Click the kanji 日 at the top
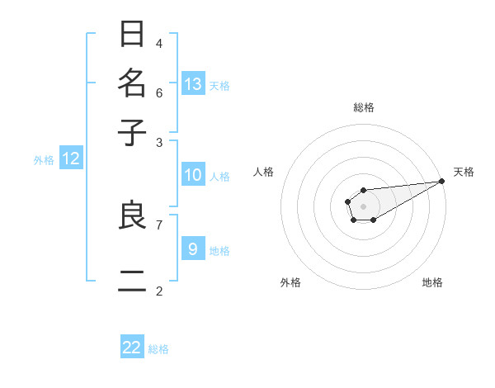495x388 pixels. (x=133, y=35)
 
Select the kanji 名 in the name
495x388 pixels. (x=133, y=84)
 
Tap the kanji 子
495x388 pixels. (x=133, y=132)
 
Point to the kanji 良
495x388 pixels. (x=133, y=216)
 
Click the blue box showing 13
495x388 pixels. (x=193, y=83)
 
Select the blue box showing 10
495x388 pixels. (x=193, y=175)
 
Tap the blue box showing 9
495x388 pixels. (x=193, y=249)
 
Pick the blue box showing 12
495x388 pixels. (x=71, y=159)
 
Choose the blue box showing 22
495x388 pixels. (x=132, y=348)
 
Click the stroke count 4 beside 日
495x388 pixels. (x=158, y=43)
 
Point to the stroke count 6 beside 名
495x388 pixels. (x=158, y=92)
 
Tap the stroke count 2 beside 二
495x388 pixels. (x=158, y=291)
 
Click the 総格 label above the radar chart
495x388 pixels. (x=363, y=107)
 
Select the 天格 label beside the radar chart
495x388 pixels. (x=464, y=172)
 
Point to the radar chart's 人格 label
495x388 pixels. (x=264, y=172)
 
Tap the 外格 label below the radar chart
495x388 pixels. (x=290, y=282)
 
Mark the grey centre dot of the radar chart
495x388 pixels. (x=363, y=206)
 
